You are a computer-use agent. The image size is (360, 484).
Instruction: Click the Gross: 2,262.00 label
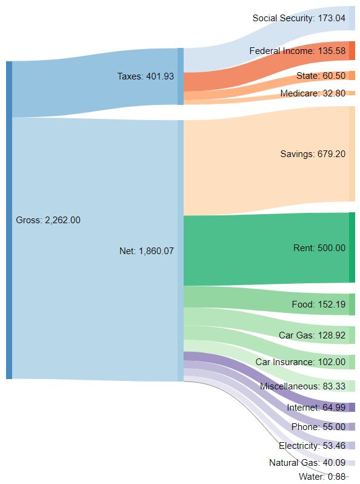48,220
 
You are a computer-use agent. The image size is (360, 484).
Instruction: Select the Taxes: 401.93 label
145,77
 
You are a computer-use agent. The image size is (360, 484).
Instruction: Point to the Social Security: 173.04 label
299,18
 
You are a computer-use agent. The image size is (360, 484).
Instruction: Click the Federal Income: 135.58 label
297,52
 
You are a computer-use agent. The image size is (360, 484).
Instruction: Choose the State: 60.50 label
321,75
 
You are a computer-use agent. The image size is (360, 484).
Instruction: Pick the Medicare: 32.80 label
313,93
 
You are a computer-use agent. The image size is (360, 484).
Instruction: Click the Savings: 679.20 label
313,154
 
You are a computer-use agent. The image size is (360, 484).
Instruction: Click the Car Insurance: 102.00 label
300,362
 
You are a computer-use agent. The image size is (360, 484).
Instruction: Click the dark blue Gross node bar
8,220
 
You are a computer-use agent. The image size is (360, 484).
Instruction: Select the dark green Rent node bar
352,247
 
